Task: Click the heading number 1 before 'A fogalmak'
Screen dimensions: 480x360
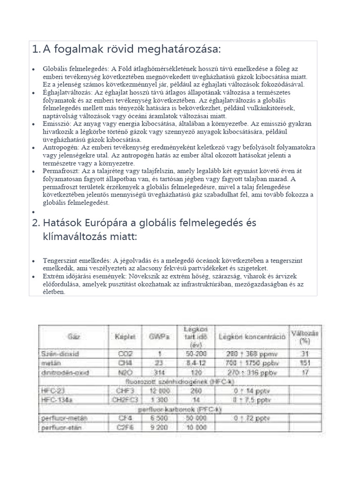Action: pyautogui.click(x=35, y=49)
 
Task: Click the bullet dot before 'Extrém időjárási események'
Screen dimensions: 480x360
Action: pyautogui.click(x=33, y=277)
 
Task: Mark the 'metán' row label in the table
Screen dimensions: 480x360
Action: pyautogui.click(x=49, y=363)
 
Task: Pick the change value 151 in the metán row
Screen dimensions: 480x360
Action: pyautogui.click(x=304, y=363)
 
